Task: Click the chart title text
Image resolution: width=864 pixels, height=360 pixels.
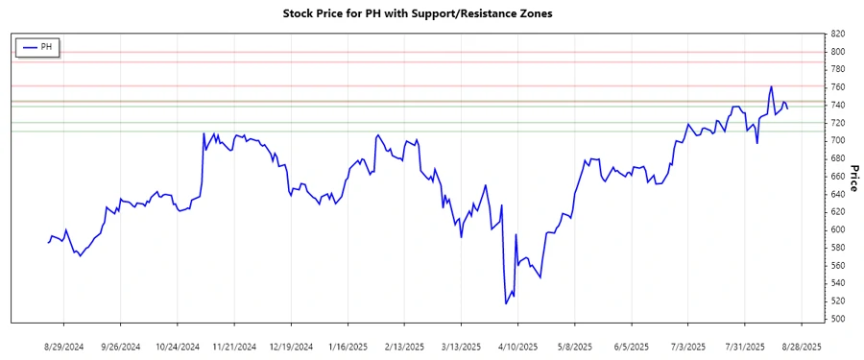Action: tap(431, 14)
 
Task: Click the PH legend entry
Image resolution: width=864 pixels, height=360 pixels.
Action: tap(38, 46)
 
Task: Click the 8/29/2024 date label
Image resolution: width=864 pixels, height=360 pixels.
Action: tap(63, 346)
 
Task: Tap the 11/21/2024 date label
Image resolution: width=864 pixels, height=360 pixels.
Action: tap(234, 346)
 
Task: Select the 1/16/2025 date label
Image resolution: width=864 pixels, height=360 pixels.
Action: tap(348, 346)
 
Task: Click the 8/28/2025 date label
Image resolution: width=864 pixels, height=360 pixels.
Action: tap(802, 346)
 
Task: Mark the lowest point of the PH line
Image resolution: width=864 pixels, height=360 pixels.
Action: tap(505, 303)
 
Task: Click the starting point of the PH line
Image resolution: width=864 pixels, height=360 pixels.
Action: tap(47, 243)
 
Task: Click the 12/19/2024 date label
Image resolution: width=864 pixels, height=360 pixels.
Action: tap(291, 346)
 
